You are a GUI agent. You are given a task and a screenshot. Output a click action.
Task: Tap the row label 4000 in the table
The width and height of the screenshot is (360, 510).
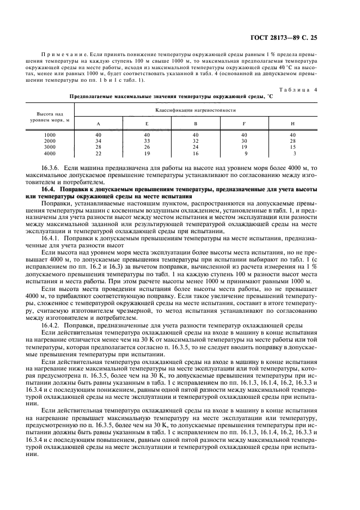pos(50,153)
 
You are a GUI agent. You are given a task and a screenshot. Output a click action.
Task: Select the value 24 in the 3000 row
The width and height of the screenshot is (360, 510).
pos(195,147)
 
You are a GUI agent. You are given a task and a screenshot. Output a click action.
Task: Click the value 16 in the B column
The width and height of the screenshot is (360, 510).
pos(195,153)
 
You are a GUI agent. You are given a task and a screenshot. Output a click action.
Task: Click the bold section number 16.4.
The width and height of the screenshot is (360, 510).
pos(50,189)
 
